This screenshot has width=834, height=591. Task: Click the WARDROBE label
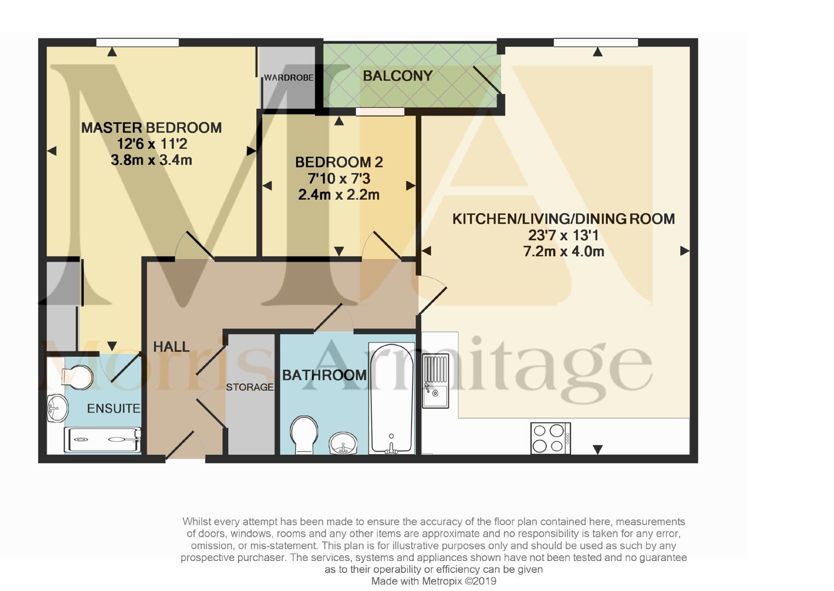coord(289,78)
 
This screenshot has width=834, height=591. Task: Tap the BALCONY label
coord(398,76)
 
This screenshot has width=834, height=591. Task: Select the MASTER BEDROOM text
coord(151,128)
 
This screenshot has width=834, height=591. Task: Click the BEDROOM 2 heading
coord(338,162)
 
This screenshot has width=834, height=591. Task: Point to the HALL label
coord(171,346)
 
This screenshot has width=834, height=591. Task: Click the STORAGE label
coord(250,387)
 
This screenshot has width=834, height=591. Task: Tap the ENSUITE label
coord(113,408)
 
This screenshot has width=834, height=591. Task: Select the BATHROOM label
coord(324,375)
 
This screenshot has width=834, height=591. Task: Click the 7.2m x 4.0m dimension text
coord(563,252)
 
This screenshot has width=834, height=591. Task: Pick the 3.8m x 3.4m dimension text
coord(151,160)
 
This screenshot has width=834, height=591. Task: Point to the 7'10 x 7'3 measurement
coord(338,178)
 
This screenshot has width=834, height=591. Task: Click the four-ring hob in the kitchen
coord(550,438)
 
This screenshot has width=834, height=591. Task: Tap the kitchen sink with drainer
coord(435,380)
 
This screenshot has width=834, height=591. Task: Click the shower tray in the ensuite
coord(102,440)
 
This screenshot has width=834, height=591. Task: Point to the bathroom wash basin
coord(343,442)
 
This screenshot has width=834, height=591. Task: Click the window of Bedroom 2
coord(379,112)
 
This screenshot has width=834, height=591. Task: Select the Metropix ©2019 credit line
coord(433,581)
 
